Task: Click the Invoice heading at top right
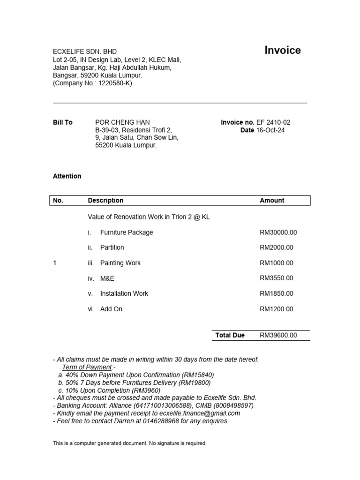pos(283,51)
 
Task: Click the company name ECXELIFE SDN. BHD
pos(85,52)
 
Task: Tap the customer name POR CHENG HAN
pos(122,122)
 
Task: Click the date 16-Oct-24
pos(270,130)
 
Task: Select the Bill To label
pos(63,122)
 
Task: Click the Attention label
pos(67,176)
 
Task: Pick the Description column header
pos(105,201)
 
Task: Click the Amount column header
pos(272,201)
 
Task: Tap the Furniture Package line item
pos(127,232)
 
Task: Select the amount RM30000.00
pos(278,232)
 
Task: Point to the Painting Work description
pos(120,263)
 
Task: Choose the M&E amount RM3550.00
pos(277,278)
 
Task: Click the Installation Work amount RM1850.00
pos(277,293)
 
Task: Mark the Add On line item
pos(111,309)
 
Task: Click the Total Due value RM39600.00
pos(278,335)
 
